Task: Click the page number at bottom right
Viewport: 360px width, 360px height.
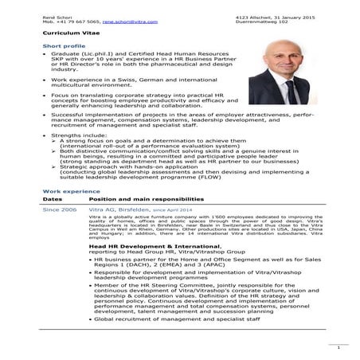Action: [x=338, y=347]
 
